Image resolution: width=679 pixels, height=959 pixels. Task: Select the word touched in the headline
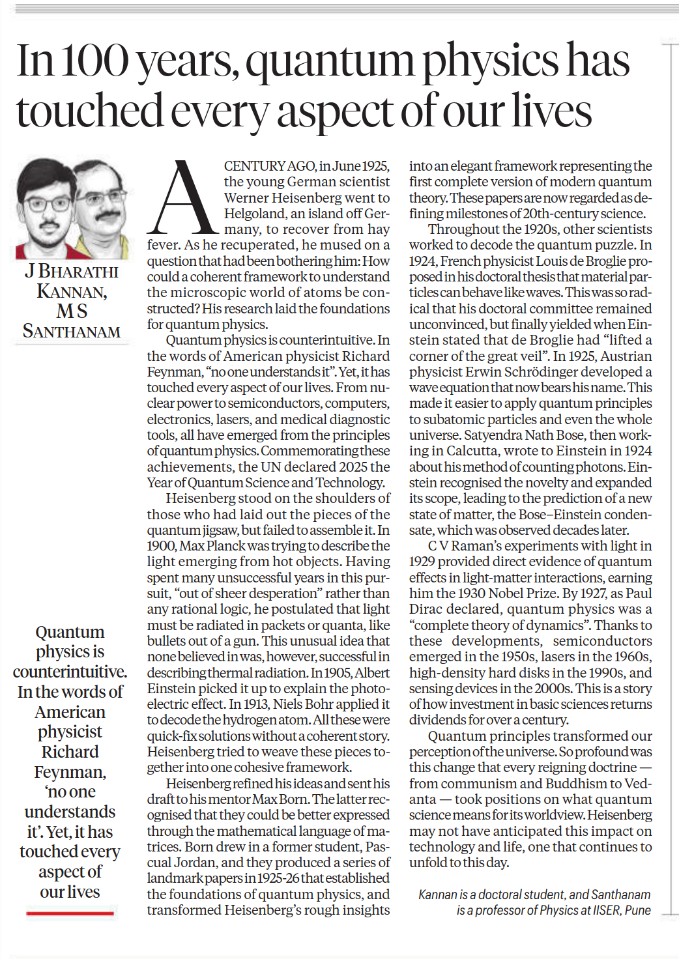[89, 111]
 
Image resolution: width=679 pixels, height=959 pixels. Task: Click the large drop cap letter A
[183, 198]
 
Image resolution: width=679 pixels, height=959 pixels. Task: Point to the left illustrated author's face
[46, 202]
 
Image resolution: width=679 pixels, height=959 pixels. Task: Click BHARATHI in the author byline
[78, 272]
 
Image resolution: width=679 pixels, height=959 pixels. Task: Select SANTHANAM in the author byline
[72, 332]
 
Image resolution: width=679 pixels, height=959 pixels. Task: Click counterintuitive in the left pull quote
[70, 672]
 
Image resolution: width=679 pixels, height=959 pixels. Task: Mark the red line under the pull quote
[70, 913]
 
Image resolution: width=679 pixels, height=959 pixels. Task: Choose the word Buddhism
[578, 783]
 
